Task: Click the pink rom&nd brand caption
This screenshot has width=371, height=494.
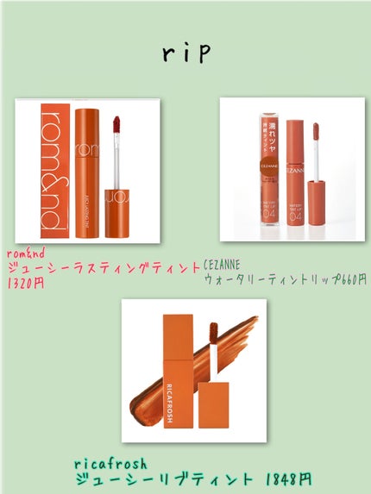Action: point(25,253)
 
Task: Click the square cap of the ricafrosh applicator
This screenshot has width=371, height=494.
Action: point(208,403)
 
